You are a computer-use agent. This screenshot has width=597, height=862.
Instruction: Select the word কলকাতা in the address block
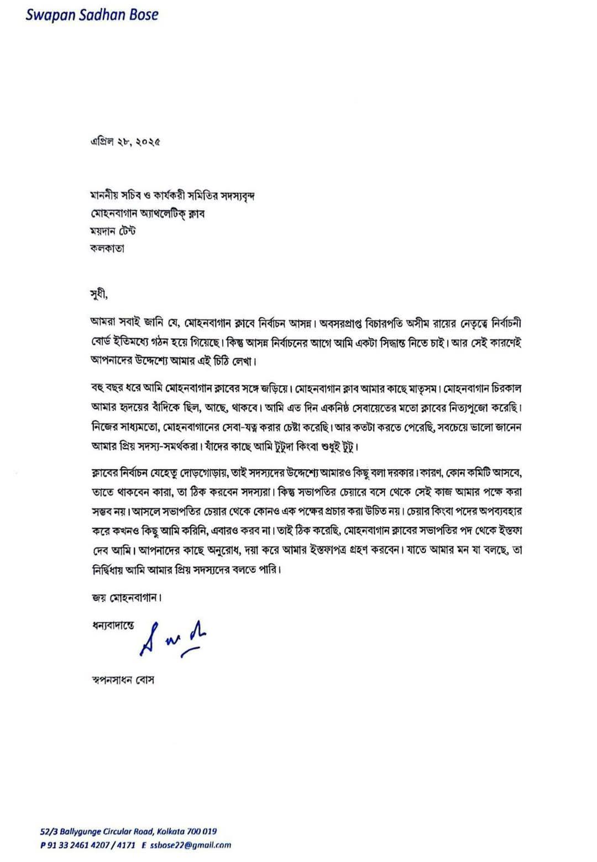coord(107,248)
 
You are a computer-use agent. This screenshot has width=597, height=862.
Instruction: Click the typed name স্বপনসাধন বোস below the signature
coord(122,680)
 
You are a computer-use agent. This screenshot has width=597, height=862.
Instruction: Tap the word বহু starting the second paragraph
coord(96,387)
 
